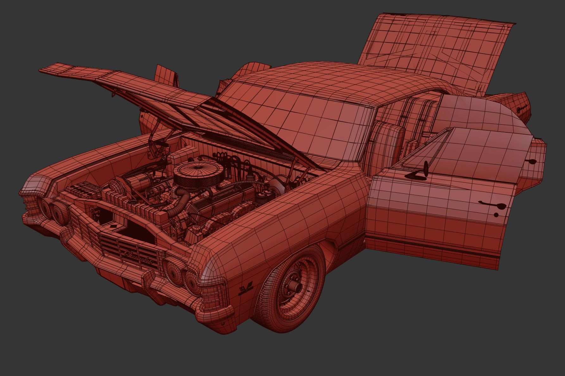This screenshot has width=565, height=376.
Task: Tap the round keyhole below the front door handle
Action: pyautogui.click(x=496, y=215)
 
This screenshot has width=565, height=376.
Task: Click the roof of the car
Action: pyautogui.click(x=317, y=76)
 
